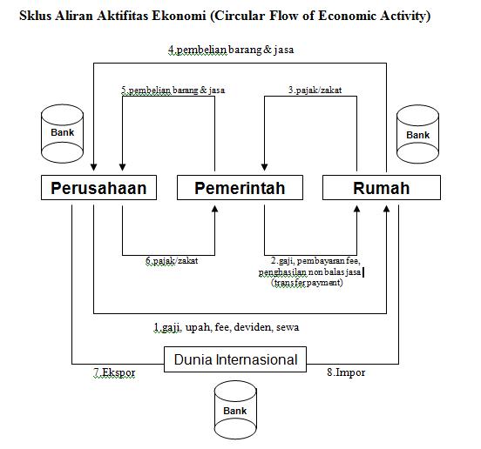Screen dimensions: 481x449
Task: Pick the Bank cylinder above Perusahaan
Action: [x=62, y=133]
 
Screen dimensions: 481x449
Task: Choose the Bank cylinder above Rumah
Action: [x=417, y=134]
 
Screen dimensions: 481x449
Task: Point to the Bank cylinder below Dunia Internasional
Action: [x=235, y=411]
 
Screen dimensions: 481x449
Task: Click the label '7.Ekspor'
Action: [x=114, y=372]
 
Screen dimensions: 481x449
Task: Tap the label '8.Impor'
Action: [x=346, y=372]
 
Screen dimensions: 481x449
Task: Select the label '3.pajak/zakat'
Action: [x=315, y=90]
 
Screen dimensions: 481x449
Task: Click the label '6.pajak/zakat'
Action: [x=172, y=261]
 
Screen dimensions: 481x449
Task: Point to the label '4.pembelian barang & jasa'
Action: [x=231, y=50]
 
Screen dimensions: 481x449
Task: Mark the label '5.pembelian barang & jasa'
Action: [x=173, y=90]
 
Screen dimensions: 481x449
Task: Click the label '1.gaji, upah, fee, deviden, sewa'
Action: [x=227, y=327]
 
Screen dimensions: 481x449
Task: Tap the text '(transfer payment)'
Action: [x=307, y=283]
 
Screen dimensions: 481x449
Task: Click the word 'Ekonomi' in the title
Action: [x=179, y=16]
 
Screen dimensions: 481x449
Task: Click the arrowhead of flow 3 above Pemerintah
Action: [x=264, y=167]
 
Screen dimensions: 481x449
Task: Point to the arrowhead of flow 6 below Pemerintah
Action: [x=214, y=209]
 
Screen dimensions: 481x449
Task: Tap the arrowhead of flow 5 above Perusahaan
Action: [x=122, y=167]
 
